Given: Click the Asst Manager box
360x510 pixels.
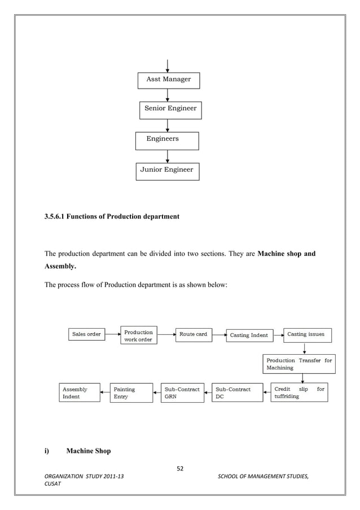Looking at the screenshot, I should (x=169, y=80).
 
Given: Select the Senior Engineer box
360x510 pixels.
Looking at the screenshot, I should (x=170, y=110).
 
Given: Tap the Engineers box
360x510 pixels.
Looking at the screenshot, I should (x=167, y=140).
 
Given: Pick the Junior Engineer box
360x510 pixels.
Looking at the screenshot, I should (x=167, y=171).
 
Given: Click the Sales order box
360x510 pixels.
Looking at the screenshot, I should (x=86, y=334).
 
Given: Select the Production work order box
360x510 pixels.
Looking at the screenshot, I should (x=139, y=335).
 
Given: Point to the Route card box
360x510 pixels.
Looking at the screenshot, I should (x=194, y=334).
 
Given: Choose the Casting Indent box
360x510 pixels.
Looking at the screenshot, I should (x=249, y=335).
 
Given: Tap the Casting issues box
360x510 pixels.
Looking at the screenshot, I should (x=307, y=335).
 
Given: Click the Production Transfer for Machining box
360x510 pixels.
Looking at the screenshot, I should (x=299, y=364).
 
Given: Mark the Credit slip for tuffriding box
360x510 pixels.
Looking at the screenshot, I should (x=299, y=393).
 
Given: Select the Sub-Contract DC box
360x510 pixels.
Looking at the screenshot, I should (x=238, y=393).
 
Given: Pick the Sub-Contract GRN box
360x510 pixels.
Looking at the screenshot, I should (x=182, y=393).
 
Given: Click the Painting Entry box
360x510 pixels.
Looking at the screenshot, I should (x=131, y=393).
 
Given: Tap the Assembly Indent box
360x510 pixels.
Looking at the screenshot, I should (x=79, y=393).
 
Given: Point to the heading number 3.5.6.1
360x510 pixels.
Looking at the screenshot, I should (x=54, y=216).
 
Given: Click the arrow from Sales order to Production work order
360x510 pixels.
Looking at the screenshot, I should (x=112, y=334).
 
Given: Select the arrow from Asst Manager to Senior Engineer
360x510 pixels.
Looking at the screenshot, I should (x=168, y=95).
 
